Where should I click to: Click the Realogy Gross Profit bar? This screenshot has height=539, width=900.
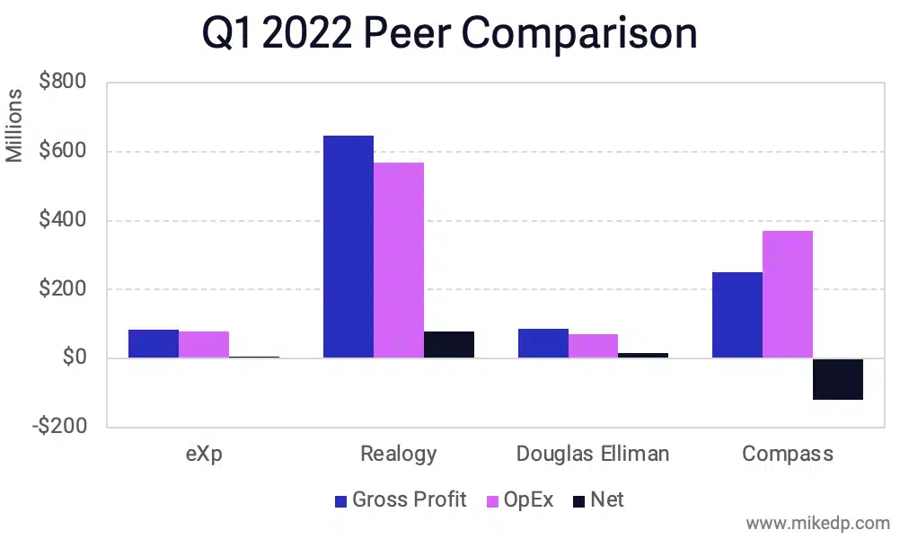pos(348,247)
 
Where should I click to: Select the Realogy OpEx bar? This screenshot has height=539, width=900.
pos(399,261)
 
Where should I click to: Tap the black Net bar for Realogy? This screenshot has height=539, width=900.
pos(449,345)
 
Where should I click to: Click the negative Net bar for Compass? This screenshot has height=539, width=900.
pos(838,379)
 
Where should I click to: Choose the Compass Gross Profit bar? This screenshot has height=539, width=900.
pos(737,315)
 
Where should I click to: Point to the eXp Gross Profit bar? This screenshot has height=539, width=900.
pos(154,344)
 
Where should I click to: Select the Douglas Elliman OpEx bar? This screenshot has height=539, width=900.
pos(593,347)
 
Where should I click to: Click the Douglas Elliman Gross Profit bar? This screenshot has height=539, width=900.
pos(543,344)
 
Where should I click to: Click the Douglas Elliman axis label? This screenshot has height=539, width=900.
pos(593,454)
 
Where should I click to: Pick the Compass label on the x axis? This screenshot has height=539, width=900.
pos(787,454)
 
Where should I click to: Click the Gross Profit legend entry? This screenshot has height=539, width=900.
pos(400,500)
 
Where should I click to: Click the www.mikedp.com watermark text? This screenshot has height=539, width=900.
pos(817,523)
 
